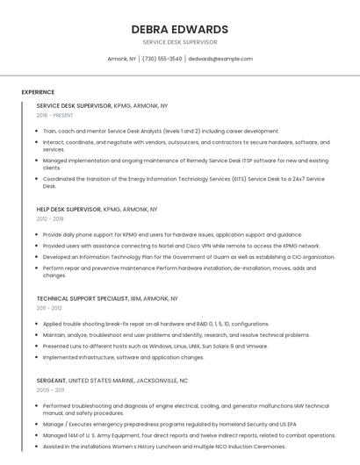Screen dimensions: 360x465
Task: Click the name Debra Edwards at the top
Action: (x=179, y=29)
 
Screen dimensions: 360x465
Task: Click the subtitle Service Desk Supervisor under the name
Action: (x=179, y=42)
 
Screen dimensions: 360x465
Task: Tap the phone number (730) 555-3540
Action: (x=162, y=59)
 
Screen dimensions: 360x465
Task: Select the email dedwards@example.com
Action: (x=220, y=59)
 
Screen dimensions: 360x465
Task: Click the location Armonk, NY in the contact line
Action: (x=121, y=59)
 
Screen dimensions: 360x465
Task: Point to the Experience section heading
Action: (x=38, y=92)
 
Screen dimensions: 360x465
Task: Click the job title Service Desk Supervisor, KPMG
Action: (x=102, y=105)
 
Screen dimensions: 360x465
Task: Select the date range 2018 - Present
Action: (x=55, y=115)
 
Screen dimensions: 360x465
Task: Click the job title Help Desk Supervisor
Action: (x=97, y=210)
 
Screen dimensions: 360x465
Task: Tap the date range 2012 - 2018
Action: (x=50, y=219)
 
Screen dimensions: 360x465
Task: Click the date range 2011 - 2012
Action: (x=49, y=308)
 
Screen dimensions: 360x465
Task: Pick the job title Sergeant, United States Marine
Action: (x=112, y=381)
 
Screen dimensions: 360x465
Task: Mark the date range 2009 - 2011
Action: (x=50, y=390)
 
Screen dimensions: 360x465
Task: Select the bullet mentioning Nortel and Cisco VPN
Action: (x=181, y=246)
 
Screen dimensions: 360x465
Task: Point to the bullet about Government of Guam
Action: (x=188, y=257)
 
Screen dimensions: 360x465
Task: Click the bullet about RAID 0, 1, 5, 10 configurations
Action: (x=155, y=324)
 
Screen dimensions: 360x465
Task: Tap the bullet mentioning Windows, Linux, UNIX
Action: (x=155, y=346)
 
